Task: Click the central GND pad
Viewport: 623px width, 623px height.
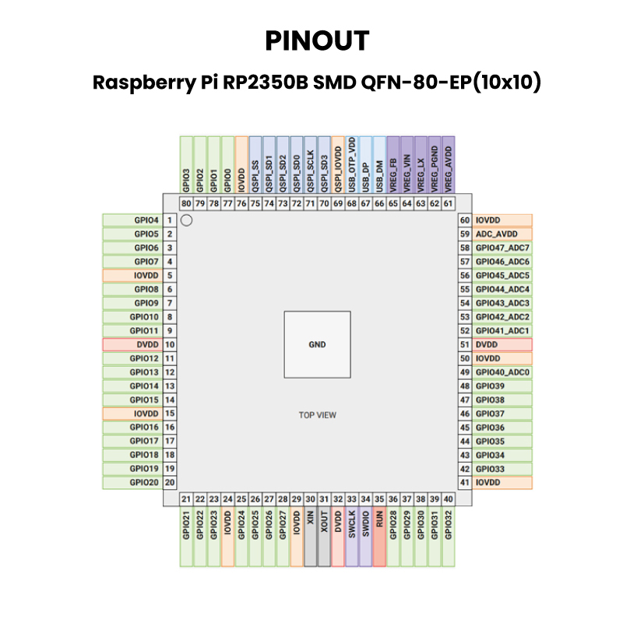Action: (x=317, y=344)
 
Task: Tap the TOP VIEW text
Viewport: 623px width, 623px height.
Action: (x=317, y=415)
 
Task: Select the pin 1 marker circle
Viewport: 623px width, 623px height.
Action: (x=186, y=220)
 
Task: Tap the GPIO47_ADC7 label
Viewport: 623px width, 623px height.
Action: (x=502, y=248)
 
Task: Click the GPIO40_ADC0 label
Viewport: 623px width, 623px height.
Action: (x=502, y=372)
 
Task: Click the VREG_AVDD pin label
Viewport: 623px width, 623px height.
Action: (x=448, y=167)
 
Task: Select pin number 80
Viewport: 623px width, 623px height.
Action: (x=186, y=204)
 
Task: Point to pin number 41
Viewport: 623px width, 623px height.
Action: (x=465, y=483)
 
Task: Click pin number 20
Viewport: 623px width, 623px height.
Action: (x=169, y=483)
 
